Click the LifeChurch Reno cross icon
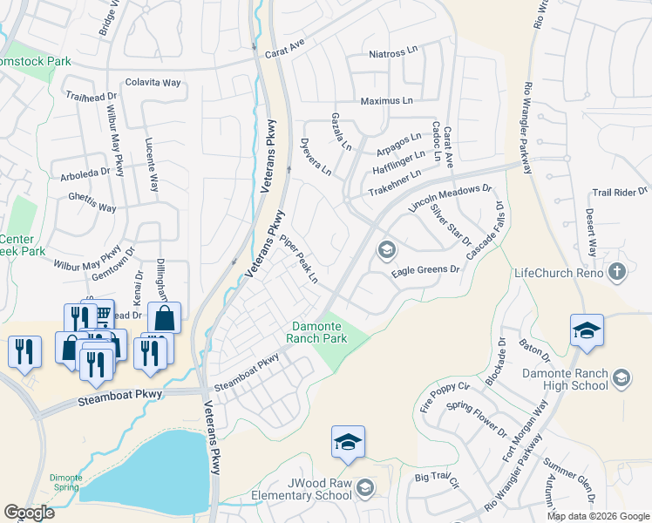pyautogui.click(x=618, y=273)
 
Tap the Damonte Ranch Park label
pyautogui.click(x=318, y=332)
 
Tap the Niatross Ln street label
pyautogui.click(x=393, y=53)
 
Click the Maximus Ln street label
pyautogui.click(x=387, y=101)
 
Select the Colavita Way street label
pyautogui.click(x=153, y=83)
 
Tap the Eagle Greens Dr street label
pyautogui.click(x=424, y=270)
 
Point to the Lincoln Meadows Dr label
pyautogui.click(x=450, y=199)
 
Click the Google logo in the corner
pyautogui.click(x=29, y=513)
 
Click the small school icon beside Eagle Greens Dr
pyautogui.click(x=385, y=251)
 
